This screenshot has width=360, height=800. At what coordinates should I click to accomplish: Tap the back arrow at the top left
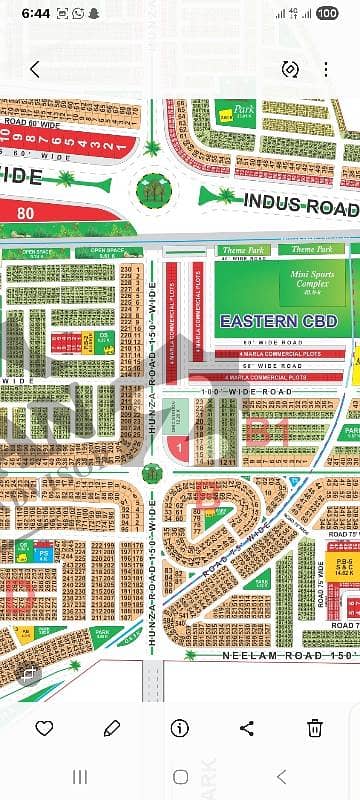(x=34, y=69)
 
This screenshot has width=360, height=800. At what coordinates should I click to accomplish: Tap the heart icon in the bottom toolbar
(x=44, y=727)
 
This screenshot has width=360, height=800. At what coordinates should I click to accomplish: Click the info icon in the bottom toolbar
(x=180, y=727)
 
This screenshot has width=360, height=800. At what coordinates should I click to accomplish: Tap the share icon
(x=248, y=727)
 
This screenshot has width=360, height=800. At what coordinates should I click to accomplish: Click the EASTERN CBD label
(x=272, y=321)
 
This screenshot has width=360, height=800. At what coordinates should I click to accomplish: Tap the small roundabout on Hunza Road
(x=152, y=473)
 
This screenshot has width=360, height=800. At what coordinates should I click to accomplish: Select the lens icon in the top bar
(x=291, y=69)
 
